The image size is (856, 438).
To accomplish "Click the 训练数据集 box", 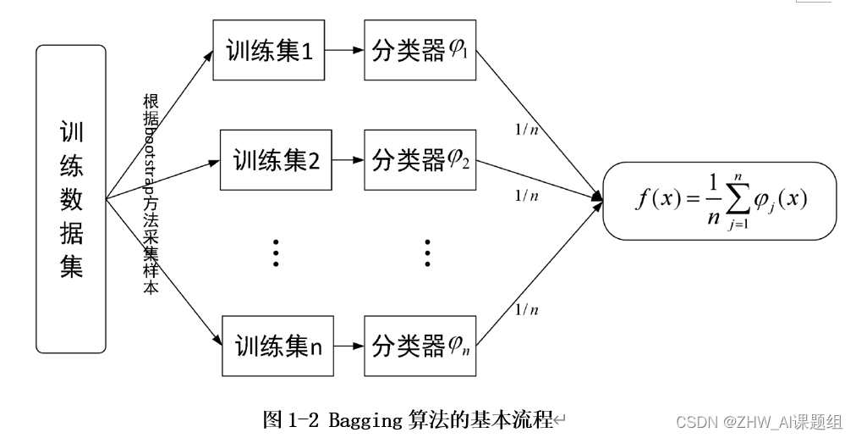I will click(71, 198).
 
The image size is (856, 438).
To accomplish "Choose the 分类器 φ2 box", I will click(420, 158).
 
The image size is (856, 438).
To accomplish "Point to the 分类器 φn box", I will click(420, 346).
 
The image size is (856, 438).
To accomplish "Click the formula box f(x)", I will click(719, 200).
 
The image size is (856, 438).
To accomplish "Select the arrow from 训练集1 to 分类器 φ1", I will click(343, 50).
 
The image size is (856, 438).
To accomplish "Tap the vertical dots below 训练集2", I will click(275, 252).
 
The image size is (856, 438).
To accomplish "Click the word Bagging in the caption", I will click(359, 419).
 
